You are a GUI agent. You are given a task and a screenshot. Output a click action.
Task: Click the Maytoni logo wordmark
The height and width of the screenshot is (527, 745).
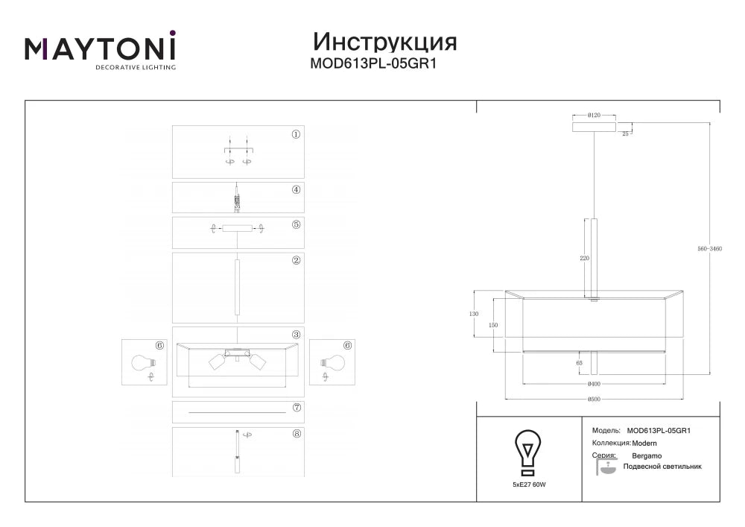(101, 46)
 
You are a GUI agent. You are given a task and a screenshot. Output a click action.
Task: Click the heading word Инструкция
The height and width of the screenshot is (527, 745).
(385, 42)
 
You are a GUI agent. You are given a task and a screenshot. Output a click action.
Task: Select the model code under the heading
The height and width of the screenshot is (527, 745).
(373, 63)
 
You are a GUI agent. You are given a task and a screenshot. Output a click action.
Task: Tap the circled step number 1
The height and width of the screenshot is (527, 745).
(296, 134)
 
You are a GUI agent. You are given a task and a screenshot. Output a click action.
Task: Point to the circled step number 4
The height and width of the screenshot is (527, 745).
(296, 189)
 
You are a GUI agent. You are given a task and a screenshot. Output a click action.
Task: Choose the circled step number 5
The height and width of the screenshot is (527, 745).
(296, 224)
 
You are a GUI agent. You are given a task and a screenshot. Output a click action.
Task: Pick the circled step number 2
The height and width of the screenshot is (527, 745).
(296, 260)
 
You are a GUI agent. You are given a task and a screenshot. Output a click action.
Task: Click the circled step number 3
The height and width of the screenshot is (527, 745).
(296, 335)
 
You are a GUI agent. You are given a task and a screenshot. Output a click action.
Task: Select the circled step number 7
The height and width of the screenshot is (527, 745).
(297, 407)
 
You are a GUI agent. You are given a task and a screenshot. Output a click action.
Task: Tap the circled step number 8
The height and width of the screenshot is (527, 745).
(297, 433)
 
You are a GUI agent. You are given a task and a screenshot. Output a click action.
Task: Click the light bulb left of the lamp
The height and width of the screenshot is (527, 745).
(143, 363)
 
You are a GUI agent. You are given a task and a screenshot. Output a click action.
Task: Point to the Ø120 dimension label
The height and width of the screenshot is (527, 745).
(594, 115)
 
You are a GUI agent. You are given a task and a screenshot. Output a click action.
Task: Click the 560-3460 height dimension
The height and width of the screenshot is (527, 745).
(710, 248)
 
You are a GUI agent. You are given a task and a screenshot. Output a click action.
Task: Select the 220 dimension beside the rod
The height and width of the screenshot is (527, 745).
(584, 258)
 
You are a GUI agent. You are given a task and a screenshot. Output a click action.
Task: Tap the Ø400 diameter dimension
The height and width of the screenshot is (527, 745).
(594, 384)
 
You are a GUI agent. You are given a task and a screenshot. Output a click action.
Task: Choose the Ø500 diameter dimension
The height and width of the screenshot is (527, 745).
(594, 400)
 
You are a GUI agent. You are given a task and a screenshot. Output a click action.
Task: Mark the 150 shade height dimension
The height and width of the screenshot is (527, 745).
(493, 325)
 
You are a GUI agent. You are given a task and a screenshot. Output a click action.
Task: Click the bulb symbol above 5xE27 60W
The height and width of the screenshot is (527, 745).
(528, 452)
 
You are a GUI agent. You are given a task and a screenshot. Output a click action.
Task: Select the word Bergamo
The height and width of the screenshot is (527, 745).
(647, 455)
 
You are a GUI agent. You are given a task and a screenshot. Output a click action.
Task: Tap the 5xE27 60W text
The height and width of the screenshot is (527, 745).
(529, 485)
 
